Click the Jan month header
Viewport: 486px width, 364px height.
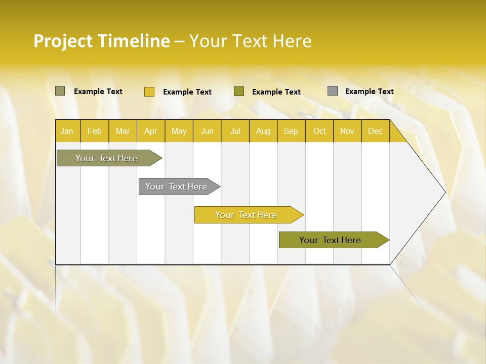coord(67,131)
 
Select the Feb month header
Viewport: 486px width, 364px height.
coord(95,131)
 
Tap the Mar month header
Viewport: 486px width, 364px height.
coord(123,131)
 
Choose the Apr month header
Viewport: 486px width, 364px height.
coord(151,131)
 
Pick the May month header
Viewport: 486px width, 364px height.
coord(179,131)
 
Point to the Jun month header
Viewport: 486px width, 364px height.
coord(207,131)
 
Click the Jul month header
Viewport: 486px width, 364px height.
coord(235,131)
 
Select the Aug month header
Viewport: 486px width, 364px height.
coord(263,131)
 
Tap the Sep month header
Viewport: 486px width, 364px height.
coord(291,131)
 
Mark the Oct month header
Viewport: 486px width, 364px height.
coord(319,131)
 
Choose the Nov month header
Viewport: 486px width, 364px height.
coord(347,131)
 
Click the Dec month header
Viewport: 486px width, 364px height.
coord(376,131)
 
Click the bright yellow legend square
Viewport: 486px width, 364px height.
coord(149,92)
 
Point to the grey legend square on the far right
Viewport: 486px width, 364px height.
coord(333,91)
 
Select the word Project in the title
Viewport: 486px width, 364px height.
coord(63,41)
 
